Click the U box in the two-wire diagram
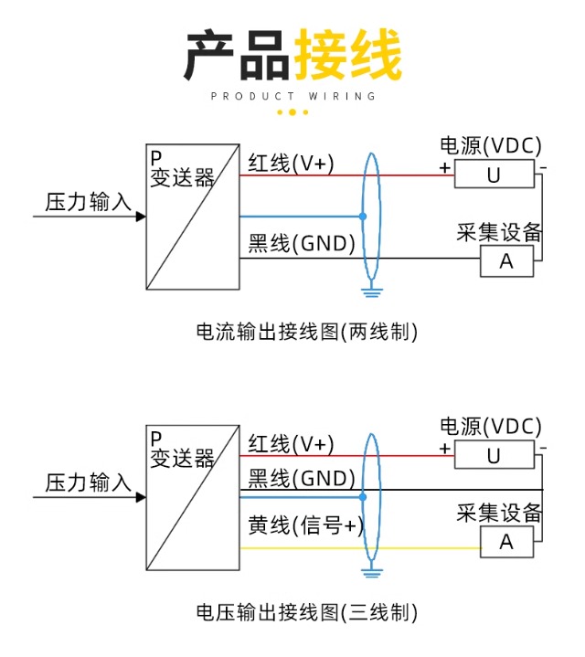494,174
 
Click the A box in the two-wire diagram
505,262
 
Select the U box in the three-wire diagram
494,454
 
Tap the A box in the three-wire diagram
505,542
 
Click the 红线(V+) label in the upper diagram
291,163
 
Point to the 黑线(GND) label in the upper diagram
302,244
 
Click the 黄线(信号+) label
305,525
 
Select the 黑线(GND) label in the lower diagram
302,478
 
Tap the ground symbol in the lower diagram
370,573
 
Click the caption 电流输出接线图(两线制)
306,332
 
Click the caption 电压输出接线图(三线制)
306,611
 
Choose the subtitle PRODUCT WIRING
292,96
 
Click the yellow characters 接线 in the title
347,57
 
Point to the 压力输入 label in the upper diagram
89,202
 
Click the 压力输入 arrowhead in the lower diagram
141,497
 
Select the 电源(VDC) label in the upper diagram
491,145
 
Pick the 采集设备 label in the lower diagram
499,513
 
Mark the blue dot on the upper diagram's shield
363,217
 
